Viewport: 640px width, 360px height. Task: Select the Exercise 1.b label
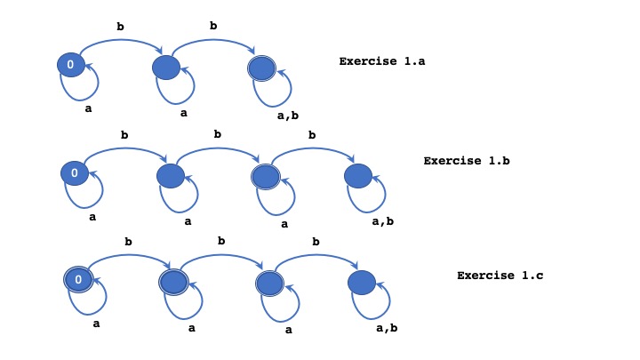(x=466, y=161)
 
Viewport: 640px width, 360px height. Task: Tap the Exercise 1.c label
(x=500, y=275)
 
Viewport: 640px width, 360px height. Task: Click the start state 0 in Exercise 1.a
(x=71, y=64)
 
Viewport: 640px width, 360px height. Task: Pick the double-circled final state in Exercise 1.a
(x=261, y=68)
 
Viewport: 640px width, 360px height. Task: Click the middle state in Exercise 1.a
(x=166, y=67)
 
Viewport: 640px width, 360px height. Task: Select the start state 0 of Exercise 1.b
(x=75, y=172)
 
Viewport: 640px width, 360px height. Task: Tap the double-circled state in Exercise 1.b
(x=265, y=176)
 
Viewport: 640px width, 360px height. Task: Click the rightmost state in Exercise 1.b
(x=358, y=175)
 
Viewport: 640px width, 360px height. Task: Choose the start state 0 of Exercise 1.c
(x=78, y=280)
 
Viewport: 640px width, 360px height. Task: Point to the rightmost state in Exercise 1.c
(x=362, y=283)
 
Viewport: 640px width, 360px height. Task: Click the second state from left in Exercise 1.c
(x=173, y=282)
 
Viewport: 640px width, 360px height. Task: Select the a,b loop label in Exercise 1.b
(x=383, y=220)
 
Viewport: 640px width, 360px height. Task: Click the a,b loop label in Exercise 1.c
(x=387, y=328)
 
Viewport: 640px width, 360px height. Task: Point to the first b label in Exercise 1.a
(x=120, y=27)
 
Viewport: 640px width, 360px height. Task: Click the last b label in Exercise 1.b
(x=312, y=135)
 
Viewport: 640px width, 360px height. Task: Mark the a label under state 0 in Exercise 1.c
(x=96, y=324)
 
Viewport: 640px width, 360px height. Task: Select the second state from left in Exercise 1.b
(x=170, y=175)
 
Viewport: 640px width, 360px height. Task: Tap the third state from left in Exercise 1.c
(x=268, y=284)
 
